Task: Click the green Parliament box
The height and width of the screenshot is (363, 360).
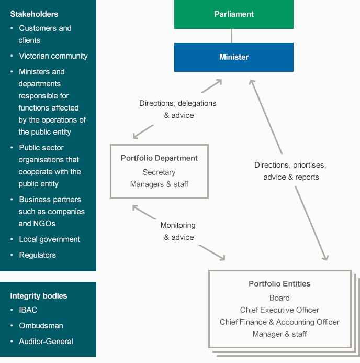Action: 234,14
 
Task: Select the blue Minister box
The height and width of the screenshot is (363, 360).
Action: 234,57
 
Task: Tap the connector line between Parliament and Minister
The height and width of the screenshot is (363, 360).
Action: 231,36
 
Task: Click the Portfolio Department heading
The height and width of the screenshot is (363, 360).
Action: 159,158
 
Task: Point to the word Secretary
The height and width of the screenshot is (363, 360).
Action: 159,172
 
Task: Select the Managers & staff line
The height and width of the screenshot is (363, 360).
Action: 159,184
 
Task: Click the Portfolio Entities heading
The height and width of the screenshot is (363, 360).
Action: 279,284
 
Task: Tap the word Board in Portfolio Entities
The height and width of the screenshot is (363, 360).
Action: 279,298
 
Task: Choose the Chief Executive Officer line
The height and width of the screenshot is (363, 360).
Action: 279,310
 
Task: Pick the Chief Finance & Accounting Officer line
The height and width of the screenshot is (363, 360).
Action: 279,322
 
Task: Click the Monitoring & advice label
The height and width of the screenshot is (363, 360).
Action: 178,232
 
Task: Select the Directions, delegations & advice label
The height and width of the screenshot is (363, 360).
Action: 177,109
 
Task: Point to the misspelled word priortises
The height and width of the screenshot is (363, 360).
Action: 309,166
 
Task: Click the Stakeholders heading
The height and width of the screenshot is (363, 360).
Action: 34,14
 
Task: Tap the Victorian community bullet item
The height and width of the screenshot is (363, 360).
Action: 53,56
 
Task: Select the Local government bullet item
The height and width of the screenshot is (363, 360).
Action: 50,239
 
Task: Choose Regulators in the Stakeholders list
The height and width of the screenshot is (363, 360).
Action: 38,255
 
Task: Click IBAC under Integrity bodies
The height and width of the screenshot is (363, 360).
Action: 28,310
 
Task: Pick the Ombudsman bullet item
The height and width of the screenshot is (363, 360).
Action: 41,326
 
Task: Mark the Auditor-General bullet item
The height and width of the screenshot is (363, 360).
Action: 46,342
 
